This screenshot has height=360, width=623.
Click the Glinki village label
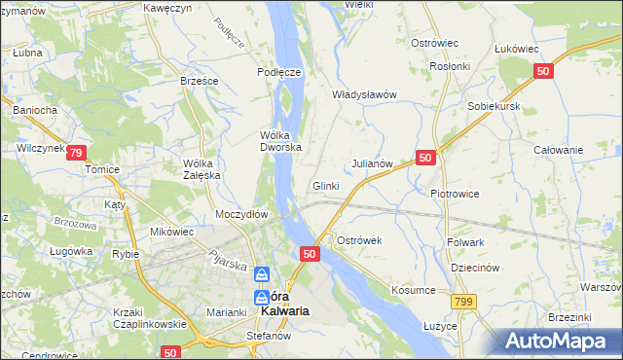[325, 186]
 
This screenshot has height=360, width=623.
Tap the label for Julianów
[371, 163]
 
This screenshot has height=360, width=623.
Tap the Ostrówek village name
[358, 239]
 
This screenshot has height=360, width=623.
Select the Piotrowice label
[455, 193]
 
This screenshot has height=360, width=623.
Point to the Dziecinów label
[475, 268]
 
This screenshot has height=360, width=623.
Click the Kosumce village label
[413, 290]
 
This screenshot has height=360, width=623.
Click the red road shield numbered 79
[77, 152]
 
